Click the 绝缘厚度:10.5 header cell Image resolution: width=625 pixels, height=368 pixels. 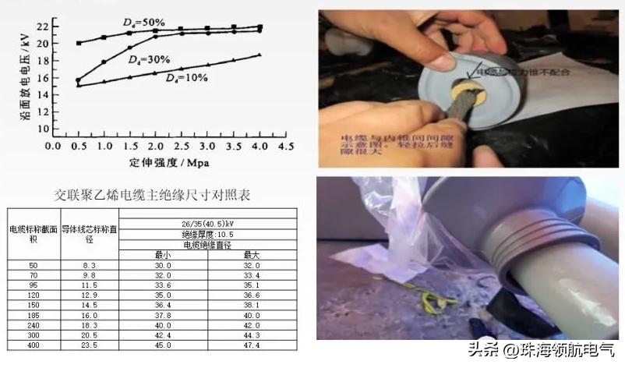pos(207,233)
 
